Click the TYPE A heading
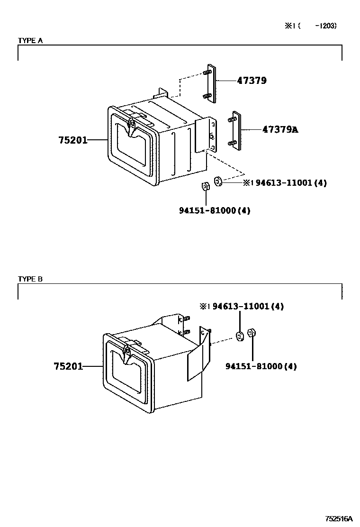click(30, 41)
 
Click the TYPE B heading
click(30, 279)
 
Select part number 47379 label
click(252, 81)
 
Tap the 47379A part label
click(280, 129)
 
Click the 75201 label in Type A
click(73, 140)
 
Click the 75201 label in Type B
click(68, 366)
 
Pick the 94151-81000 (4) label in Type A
click(215, 211)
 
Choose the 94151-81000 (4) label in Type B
click(261, 366)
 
